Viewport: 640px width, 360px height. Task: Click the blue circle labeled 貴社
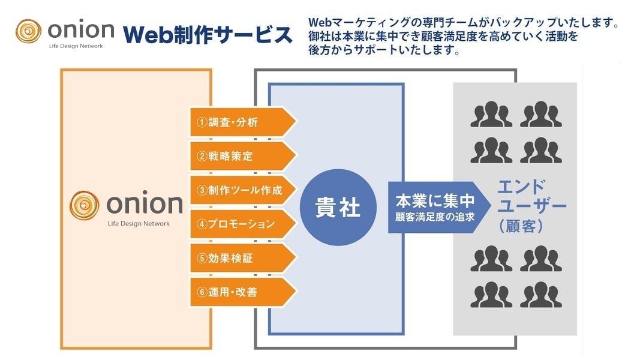(338, 208)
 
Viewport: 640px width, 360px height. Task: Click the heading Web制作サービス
(208, 35)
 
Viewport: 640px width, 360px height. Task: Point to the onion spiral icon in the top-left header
(29, 32)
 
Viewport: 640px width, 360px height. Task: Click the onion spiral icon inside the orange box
(85, 206)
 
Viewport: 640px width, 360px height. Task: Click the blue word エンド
(522, 185)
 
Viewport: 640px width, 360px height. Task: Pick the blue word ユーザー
(531, 206)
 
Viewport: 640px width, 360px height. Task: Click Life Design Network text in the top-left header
(75, 46)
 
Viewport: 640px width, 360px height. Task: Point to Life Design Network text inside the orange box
(139, 224)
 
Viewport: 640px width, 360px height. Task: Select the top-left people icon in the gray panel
(491, 115)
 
